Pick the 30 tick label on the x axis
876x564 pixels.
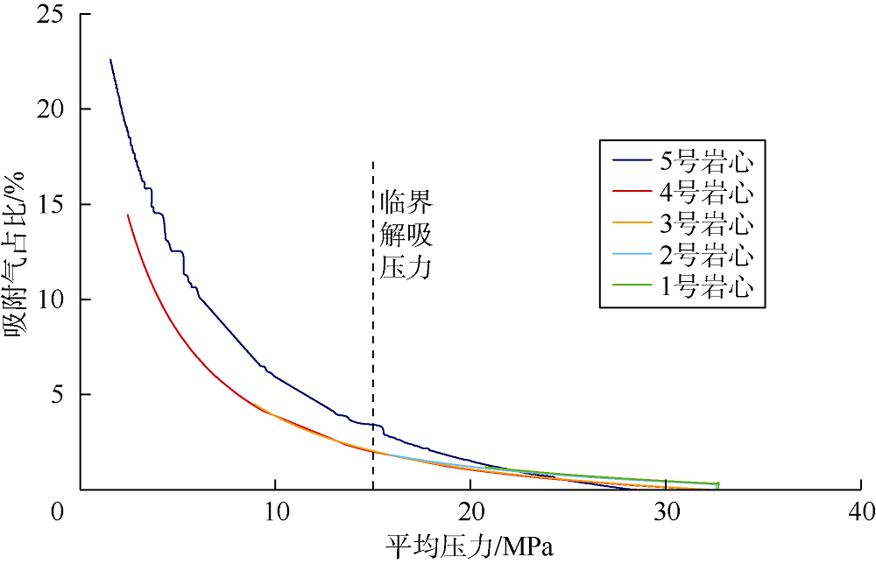coord(666,511)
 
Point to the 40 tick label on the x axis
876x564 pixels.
coord(861,511)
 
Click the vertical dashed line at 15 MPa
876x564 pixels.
coord(373,350)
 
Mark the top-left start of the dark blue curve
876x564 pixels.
coord(110,60)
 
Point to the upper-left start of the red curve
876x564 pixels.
coord(128,215)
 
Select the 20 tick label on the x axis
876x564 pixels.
coord(470,511)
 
